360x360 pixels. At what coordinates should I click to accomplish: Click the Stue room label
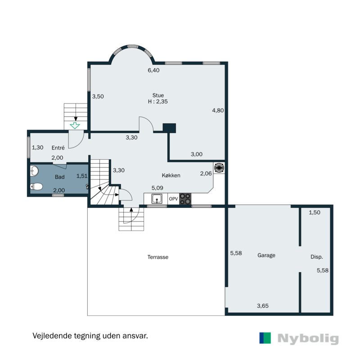(x=158, y=95)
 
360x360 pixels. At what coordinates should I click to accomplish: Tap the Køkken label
(x=171, y=175)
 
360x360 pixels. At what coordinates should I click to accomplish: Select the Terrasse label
(x=158, y=257)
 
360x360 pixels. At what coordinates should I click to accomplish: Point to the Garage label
(x=266, y=255)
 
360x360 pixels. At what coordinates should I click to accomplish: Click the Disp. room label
(x=317, y=257)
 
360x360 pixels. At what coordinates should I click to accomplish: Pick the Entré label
(x=58, y=148)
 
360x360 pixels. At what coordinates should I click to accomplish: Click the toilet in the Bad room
(x=36, y=186)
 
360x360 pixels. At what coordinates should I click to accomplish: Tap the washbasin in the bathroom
(x=34, y=171)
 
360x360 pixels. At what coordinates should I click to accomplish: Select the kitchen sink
(x=157, y=198)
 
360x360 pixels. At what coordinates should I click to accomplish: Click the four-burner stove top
(x=185, y=199)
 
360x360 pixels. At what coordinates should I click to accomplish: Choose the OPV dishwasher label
(x=173, y=199)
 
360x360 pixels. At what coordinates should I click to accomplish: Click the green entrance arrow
(x=75, y=126)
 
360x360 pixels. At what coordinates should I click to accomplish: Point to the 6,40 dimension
(x=153, y=70)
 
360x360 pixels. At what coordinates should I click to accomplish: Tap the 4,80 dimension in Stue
(x=218, y=110)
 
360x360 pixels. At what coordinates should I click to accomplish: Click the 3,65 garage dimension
(x=263, y=306)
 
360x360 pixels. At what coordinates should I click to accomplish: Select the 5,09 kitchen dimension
(x=157, y=188)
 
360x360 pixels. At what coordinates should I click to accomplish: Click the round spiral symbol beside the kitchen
(x=219, y=167)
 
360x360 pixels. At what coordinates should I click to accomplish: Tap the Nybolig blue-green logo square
(x=265, y=338)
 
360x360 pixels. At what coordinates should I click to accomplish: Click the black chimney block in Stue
(x=170, y=128)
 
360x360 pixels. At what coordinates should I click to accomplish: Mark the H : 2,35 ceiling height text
(x=158, y=102)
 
